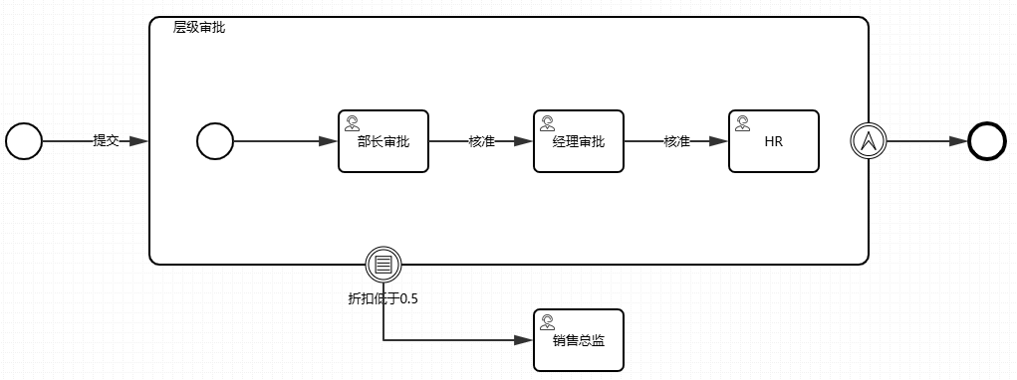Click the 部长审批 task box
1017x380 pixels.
click(x=382, y=141)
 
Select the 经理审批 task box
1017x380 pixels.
click(x=578, y=141)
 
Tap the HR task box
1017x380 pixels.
click(x=773, y=141)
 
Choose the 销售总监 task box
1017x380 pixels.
click(x=578, y=340)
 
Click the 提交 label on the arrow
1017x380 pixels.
click(x=106, y=141)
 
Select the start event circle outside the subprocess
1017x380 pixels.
click(x=24, y=141)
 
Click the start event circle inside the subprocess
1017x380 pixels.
click(x=214, y=141)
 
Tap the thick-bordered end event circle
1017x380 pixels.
click(x=987, y=141)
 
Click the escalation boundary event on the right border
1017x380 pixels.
click(x=869, y=141)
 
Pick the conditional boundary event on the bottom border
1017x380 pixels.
click(x=383, y=264)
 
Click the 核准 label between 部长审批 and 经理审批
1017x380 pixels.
click(x=481, y=141)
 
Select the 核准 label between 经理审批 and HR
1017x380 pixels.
click(x=676, y=141)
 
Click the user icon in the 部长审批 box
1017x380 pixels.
click(x=352, y=123)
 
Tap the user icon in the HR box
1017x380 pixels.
click(x=742, y=123)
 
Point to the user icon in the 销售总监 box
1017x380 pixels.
click(x=547, y=322)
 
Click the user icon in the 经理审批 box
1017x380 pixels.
click(x=547, y=123)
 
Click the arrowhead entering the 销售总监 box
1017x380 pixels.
click(x=524, y=340)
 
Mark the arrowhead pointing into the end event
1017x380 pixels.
click(x=959, y=141)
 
